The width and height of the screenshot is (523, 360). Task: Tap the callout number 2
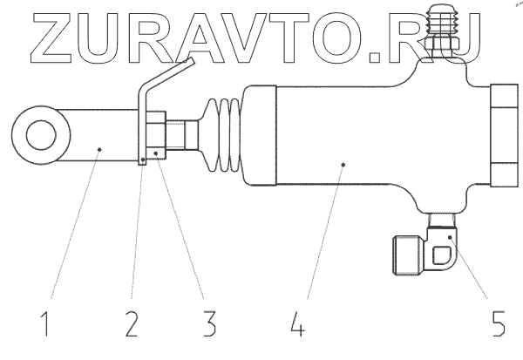coord(132,329)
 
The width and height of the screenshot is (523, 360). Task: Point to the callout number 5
coord(498,329)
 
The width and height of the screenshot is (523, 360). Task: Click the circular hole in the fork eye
coord(39,138)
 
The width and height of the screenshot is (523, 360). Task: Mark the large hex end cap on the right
coord(505,135)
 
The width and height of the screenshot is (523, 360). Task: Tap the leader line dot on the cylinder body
coord(344,163)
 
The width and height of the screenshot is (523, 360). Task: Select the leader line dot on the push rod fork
coord(100,151)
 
